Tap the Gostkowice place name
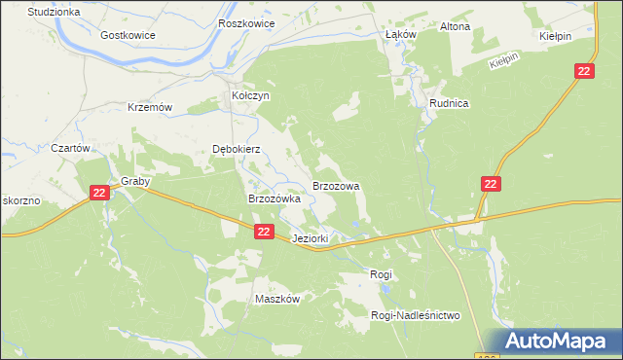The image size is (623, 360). [128, 34]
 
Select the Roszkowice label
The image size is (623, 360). [247, 23]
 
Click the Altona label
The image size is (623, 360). [455, 26]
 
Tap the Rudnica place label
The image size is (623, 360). [450, 103]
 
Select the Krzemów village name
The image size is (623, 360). [150, 107]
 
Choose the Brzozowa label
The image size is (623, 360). [336, 185]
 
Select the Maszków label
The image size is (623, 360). [276, 299]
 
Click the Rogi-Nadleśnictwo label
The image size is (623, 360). [415, 315]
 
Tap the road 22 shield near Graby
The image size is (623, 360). [99, 194]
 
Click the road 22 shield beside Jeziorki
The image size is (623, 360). [265, 232]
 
